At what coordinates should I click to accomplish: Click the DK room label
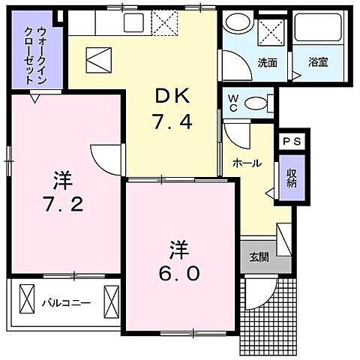point(172,97)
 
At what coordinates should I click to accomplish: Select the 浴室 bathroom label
point(318,63)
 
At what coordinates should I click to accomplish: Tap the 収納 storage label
point(291,178)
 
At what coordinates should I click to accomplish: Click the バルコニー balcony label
point(67,303)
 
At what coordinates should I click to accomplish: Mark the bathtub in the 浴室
point(314,30)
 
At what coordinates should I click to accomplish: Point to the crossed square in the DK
point(98,58)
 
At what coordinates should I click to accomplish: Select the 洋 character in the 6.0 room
point(178,247)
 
